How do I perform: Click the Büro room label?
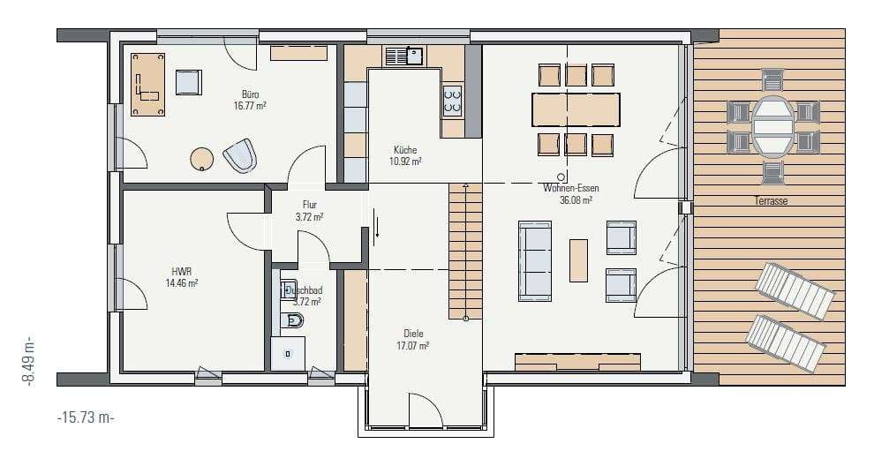coord(250,94)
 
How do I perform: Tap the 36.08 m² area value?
coord(576,200)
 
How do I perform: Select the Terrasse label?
coord(771,200)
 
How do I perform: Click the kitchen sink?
coord(405,56)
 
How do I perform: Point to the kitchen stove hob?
coord(452,101)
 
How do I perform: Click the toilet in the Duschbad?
coord(292,320)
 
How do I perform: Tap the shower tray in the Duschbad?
coord(288,353)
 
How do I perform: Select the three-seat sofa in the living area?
coord(534,261)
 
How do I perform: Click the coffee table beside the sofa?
coord(578,260)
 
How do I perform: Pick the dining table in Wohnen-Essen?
coord(576,109)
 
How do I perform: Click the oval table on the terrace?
coord(772,126)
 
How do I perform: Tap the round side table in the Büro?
coord(201,158)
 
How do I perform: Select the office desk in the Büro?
coord(147,84)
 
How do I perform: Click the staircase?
coord(465,251)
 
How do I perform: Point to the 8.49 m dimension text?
coord(28,361)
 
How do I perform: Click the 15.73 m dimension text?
coord(86,417)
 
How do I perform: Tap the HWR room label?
coord(182,272)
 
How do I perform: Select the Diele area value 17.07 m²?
coord(412,346)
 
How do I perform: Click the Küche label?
coord(405,150)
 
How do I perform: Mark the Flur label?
coord(309,205)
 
